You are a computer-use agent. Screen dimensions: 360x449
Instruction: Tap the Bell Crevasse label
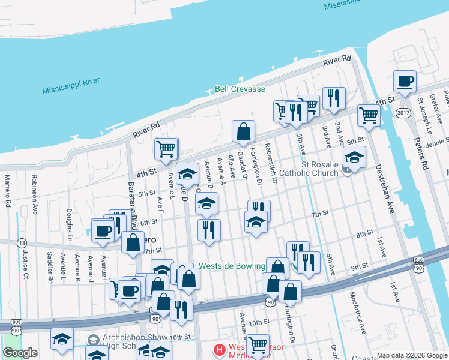point(240,89)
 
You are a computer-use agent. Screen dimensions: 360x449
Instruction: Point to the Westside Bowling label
point(232,266)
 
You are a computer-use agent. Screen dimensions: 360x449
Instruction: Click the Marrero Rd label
point(8,190)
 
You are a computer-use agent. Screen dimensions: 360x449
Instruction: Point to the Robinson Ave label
point(35,194)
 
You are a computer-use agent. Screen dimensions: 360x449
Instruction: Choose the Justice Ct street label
point(25,266)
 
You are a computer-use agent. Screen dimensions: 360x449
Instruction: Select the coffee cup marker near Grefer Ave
point(405,82)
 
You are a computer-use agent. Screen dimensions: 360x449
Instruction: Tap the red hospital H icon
point(220,349)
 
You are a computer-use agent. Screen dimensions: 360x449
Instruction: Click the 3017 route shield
point(404,112)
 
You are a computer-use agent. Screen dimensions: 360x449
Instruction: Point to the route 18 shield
point(22,243)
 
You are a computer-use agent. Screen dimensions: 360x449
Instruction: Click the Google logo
point(20,353)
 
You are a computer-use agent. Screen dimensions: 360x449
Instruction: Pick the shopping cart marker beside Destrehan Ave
point(369,115)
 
